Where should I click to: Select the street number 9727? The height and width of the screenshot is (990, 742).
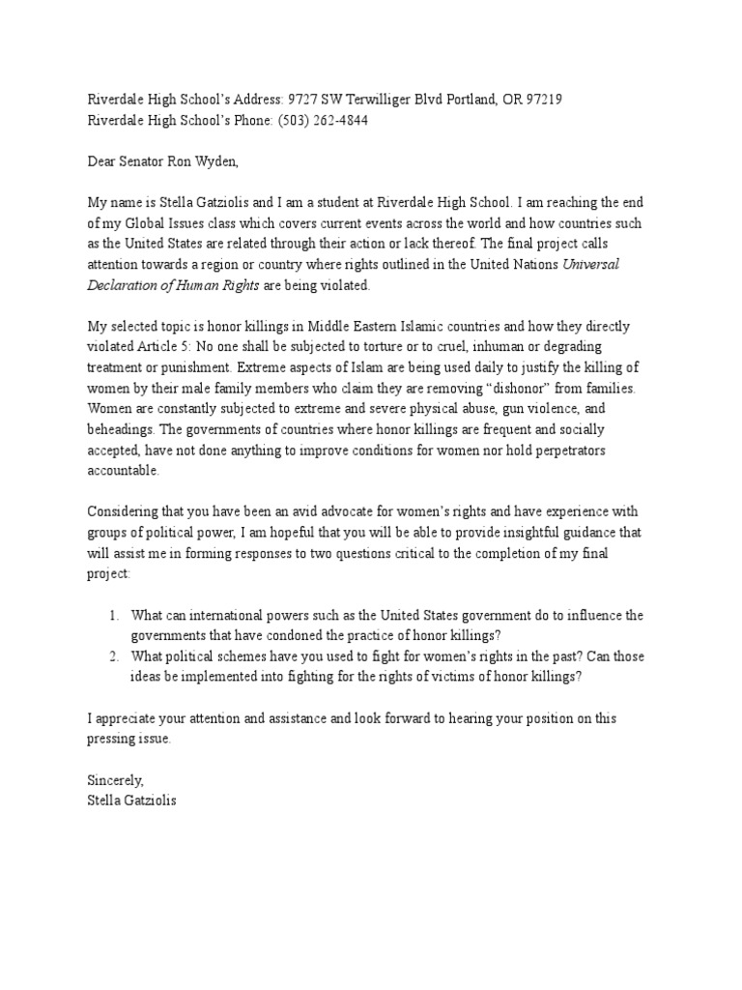tap(304, 100)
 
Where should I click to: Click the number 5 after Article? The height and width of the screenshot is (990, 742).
tap(242, 350)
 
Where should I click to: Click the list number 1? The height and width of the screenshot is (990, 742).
tap(112, 615)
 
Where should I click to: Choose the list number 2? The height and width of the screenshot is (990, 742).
tap(112, 656)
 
